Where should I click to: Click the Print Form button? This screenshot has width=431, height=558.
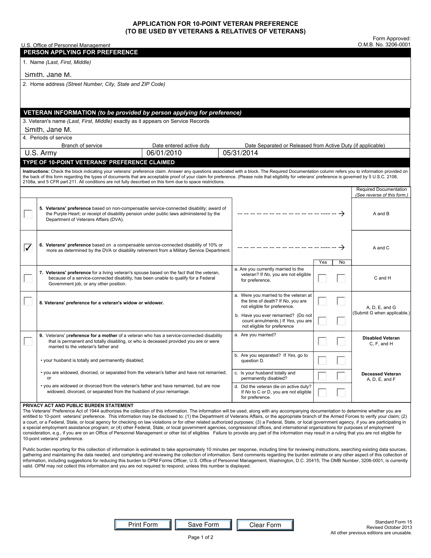point(143,525)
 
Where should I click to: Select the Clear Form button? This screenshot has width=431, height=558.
point(265,525)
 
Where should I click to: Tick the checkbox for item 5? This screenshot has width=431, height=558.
point(28,214)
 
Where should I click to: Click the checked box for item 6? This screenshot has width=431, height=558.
point(28,248)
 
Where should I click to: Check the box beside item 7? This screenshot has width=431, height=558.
point(28,278)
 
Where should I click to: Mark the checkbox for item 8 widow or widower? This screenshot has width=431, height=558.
point(28,301)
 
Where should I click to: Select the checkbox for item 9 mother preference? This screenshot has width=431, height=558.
point(28,341)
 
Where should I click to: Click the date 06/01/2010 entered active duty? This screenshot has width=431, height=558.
point(164,153)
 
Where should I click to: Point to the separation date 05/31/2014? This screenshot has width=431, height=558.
point(240,153)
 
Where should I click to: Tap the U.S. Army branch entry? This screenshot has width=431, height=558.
point(41,153)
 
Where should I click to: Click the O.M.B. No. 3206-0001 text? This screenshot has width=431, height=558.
point(384,45)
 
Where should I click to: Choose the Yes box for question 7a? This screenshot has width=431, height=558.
point(323,278)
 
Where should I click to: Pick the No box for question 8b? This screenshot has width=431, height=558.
point(341,321)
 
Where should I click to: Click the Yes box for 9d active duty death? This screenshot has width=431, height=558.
point(323,392)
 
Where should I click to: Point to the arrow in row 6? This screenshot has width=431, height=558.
point(342,248)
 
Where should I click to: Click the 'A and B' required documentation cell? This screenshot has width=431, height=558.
point(381,214)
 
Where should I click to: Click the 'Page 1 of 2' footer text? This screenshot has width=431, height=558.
point(200,538)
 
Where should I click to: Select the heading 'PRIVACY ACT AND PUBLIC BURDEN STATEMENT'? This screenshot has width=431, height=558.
point(78,405)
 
